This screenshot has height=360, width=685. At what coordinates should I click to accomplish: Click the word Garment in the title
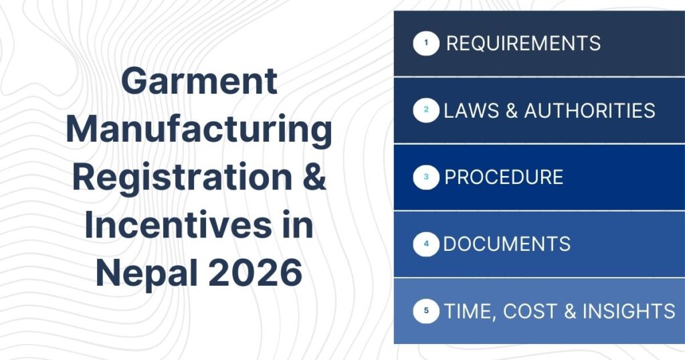[x=199, y=82]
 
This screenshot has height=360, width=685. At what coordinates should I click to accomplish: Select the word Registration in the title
[x=181, y=177]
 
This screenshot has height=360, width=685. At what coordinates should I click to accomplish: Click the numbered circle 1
[x=426, y=44]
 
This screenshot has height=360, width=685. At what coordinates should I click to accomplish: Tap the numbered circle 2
[x=426, y=110]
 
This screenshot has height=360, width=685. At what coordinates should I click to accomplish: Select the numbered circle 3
[x=426, y=177]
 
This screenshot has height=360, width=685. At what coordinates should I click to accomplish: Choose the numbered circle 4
[x=426, y=244]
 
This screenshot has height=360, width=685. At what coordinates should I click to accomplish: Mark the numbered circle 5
[x=426, y=311]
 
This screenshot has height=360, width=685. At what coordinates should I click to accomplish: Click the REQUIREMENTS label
[x=523, y=44]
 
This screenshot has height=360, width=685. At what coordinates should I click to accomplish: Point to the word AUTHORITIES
[x=589, y=110]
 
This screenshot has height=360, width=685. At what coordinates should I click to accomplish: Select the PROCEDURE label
[x=504, y=177]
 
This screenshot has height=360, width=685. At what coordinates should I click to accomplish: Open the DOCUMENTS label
[x=507, y=244]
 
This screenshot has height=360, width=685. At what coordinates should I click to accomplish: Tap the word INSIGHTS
[x=629, y=311]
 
